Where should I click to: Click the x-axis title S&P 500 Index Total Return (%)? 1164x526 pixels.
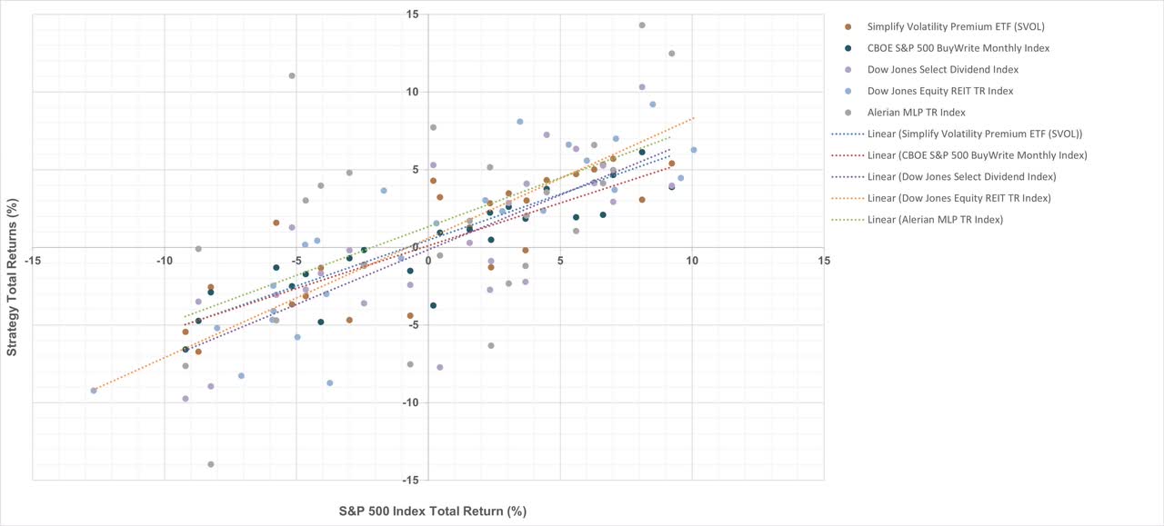(x=432, y=511)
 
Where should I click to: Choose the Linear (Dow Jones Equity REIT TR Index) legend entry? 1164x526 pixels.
(x=958, y=198)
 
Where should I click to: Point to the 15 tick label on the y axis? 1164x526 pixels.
(x=414, y=15)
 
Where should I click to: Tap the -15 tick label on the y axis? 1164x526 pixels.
(x=412, y=480)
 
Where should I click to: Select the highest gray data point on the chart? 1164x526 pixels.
(x=642, y=25)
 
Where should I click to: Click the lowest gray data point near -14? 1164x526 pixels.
(x=211, y=464)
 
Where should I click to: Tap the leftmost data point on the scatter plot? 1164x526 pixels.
(x=94, y=391)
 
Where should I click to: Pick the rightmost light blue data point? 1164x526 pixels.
(x=693, y=150)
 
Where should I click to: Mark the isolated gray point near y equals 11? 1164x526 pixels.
(x=292, y=75)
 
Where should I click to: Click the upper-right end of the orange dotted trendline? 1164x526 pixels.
(x=694, y=118)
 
